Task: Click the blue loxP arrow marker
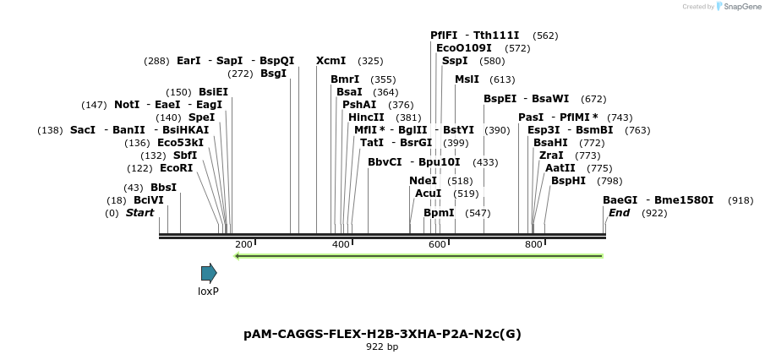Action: click(209, 273)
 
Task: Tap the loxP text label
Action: click(209, 292)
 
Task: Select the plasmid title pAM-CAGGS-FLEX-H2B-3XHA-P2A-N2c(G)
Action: click(382, 334)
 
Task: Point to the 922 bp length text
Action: click(382, 346)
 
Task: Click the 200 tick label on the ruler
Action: click(243, 244)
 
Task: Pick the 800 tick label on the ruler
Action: click(533, 244)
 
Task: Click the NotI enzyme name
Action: click(127, 105)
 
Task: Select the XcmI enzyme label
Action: click(331, 61)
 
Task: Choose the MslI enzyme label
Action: click(467, 79)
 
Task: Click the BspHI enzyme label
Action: click(568, 181)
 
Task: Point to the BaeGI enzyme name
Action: click(620, 200)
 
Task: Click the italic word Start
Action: click(140, 213)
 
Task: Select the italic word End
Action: click(620, 213)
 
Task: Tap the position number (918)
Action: click(740, 200)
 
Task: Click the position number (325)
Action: click(370, 61)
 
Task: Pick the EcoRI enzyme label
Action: click(177, 168)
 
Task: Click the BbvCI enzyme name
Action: click(385, 161)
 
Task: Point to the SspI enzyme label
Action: click(455, 61)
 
